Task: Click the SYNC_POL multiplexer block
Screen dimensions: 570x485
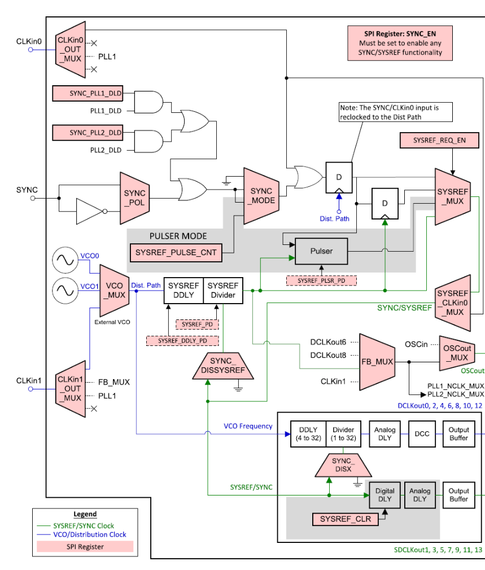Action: click(134, 198)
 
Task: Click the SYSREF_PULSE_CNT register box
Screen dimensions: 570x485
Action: click(176, 253)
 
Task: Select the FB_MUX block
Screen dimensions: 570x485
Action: click(377, 361)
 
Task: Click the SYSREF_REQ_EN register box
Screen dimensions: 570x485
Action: click(439, 140)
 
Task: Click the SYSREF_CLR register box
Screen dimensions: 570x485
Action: click(345, 519)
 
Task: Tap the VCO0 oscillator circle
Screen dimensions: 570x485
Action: click(64, 260)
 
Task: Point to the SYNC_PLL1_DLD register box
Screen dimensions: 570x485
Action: click(88, 94)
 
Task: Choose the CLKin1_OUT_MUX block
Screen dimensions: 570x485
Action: click(69, 389)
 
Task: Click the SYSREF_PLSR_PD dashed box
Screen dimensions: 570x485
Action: click(321, 280)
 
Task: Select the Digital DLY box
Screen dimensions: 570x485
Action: click(384, 496)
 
